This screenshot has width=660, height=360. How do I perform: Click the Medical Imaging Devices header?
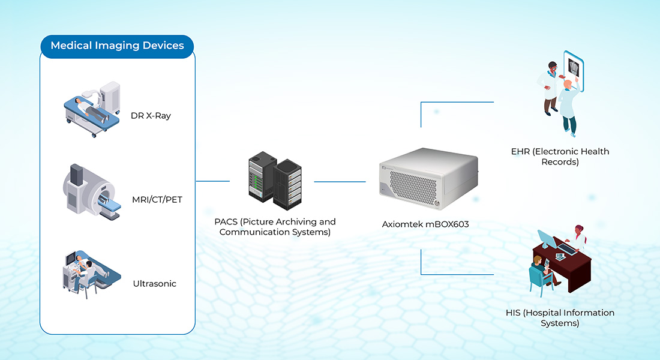click(117, 46)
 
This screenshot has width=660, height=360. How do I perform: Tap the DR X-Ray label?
click(151, 116)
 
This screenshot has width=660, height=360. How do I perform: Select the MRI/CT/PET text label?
click(156, 199)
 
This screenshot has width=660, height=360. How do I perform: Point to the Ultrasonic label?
click(155, 283)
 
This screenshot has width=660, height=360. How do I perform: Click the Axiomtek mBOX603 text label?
click(425, 224)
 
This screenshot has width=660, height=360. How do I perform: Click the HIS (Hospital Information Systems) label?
click(560, 318)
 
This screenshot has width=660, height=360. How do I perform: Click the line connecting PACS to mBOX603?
click(340, 181)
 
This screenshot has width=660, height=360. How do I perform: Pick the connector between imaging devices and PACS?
click(212, 181)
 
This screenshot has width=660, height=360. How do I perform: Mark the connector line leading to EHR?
click(456, 102)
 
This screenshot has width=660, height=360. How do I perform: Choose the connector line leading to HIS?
click(456, 274)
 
